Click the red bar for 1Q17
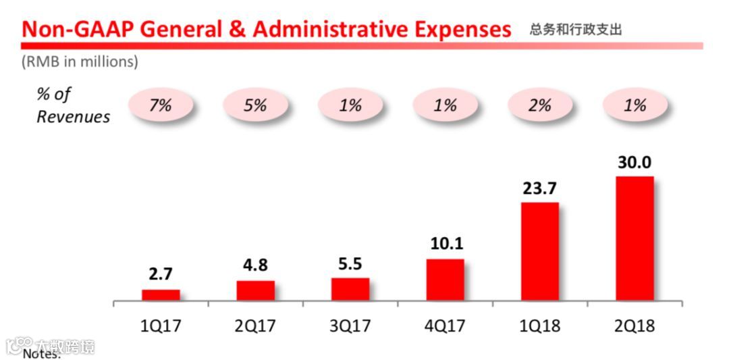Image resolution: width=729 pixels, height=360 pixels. tap(161, 295)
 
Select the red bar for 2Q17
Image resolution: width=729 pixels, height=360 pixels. tap(255, 290)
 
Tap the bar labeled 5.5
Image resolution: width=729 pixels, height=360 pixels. tap(350, 289)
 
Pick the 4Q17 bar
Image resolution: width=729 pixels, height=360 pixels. tap(445, 280)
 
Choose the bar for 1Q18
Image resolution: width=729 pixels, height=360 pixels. tap(539, 251)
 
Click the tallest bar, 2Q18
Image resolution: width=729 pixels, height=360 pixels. tap(634, 238)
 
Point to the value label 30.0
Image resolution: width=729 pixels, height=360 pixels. tap(634, 163)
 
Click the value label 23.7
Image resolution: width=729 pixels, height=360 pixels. tap(539, 188)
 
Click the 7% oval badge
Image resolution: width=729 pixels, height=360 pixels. tap(161, 105)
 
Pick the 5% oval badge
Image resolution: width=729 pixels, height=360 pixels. tap(255, 105)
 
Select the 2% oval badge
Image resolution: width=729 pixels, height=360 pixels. tap(540, 105)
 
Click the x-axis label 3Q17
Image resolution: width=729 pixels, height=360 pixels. tap(350, 326)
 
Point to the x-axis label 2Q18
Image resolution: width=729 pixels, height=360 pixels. tap(634, 326)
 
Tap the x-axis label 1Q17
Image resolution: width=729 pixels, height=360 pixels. tap(161, 326)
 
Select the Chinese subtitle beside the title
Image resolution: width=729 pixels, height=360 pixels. tap(575, 30)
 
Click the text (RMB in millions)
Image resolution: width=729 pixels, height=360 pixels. tap(80, 61)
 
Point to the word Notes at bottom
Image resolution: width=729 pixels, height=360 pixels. tap(42, 354)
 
